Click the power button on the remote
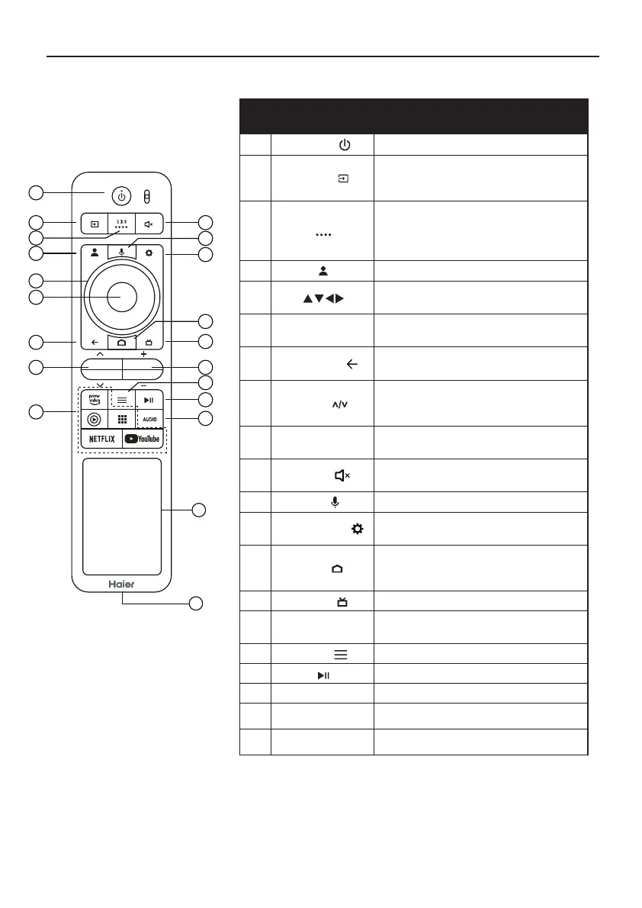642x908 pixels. pyautogui.click(x=121, y=195)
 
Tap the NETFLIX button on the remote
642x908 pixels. pyautogui.click(x=101, y=439)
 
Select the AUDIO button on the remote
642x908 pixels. pyautogui.click(x=149, y=420)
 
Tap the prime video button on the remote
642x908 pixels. pyautogui.click(x=95, y=398)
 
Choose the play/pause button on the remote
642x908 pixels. pyautogui.click(x=149, y=399)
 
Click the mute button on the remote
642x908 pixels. pyautogui.click(x=149, y=225)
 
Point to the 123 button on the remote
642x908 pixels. pyautogui.click(x=121, y=225)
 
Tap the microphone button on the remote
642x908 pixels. pyautogui.click(x=121, y=251)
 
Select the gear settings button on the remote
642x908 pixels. pyautogui.click(x=149, y=251)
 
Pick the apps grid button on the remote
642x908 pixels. pyautogui.click(x=121, y=420)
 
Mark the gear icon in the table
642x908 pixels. pyautogui.click(x=353, y=528)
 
